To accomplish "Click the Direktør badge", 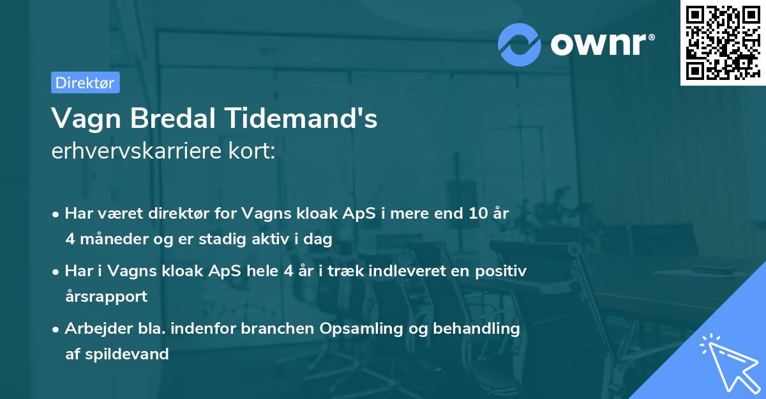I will [85, 82].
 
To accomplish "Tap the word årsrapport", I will [106, 296].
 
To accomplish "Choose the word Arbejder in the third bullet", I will [93, 329].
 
